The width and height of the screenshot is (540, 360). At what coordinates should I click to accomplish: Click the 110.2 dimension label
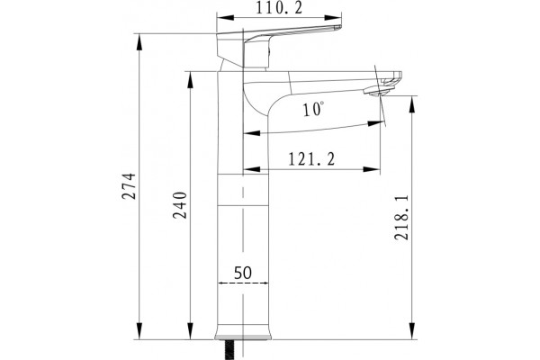[x=279, y=7]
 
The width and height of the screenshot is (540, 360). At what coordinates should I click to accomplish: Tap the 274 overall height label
[x=129, y=186]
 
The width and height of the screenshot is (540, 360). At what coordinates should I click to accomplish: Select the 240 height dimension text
[x=180, y=205]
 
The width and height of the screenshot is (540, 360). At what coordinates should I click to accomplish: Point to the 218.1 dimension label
[x=401, y=218]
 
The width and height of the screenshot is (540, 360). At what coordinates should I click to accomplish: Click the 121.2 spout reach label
[x=311, y=159]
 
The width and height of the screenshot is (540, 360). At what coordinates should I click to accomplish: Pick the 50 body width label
[x=243, y=273]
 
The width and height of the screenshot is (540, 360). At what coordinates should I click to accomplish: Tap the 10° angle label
[x=313, y=109]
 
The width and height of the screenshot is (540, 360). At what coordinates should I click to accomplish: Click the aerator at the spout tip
[x=379, y=91]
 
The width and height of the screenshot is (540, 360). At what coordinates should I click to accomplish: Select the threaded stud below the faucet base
[x=229, y=350]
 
